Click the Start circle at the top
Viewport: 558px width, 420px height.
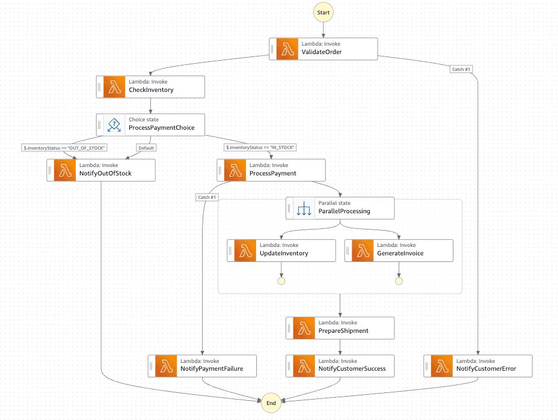tap(323, 12)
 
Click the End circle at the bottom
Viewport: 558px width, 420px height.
tap(271, 403)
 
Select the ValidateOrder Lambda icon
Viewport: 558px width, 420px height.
tap(287, 49)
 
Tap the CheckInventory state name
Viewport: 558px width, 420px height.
tap(151, 90)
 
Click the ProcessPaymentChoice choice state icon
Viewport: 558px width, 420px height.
tap(115, 125)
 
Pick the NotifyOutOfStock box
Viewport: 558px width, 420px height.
tap(101, 170)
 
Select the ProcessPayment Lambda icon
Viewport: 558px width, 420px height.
tap(235, 170)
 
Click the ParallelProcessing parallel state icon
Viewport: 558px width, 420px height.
tap(304, 208)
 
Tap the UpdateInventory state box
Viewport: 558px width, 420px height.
tap(281, 250)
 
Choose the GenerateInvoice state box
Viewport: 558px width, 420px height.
tap(399, 250)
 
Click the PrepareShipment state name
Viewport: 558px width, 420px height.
tap(343, 331)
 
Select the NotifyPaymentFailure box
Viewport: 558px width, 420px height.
tap(202, 365)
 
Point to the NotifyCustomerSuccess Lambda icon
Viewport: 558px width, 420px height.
tap(304, 365)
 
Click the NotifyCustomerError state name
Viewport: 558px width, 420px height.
tap(486, 369)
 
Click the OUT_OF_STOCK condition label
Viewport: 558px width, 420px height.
tap(64, 148)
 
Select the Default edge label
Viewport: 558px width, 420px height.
tap(146, 148)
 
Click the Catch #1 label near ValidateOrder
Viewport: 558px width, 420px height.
tap(461, 69)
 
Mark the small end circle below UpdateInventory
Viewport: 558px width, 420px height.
tap(281, 281)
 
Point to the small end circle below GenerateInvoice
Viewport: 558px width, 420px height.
tap(399, 281)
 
